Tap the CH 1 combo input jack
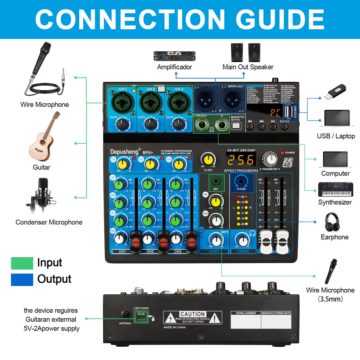[123, 102]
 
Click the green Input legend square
[22, 263]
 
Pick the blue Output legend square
[22, 279]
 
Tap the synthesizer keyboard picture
[335, 189]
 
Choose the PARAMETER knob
[270, 159]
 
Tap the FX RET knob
[208, 159]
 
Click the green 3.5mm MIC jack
[216, 182]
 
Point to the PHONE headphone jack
[241, 181]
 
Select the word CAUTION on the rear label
[192, 314]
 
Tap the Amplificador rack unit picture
[174, 56]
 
